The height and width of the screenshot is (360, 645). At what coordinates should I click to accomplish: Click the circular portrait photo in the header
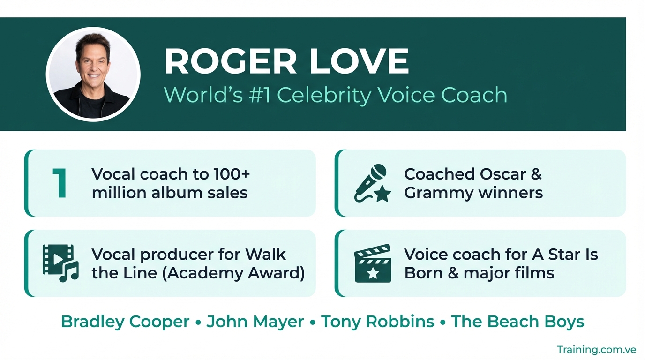click(93, 74)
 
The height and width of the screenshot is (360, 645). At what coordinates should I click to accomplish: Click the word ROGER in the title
click(230, 61)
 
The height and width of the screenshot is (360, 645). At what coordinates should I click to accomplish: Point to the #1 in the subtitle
click(260, 95)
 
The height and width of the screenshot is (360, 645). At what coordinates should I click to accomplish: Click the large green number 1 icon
click(59, 183)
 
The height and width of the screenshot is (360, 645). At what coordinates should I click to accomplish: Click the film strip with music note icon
click(60, 263)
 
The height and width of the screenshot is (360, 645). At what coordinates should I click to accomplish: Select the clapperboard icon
click(373, 263)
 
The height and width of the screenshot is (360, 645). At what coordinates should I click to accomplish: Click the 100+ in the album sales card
click(232, 174)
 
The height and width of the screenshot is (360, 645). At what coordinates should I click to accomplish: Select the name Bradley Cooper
click(125, 322)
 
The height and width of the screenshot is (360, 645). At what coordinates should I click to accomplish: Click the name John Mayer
click(255, 322)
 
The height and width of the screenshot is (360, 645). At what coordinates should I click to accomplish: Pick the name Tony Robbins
click(377, 322)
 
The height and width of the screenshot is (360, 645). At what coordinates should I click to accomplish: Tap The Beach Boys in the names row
click(517, 322)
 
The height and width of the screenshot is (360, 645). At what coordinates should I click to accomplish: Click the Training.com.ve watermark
click(596, 350)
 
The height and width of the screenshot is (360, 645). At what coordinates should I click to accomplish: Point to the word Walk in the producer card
click(265, 254)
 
